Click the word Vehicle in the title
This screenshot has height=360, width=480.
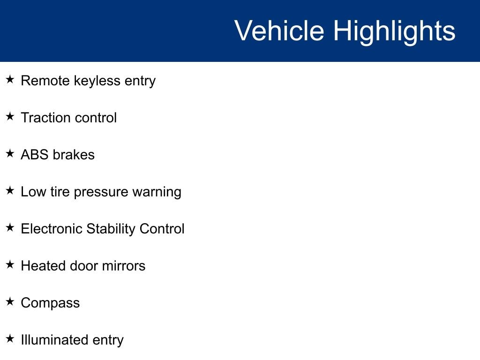[279, 30]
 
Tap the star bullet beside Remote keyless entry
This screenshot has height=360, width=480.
[10, 79]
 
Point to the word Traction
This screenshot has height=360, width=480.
[45, 118]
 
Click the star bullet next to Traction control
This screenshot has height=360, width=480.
[10, 116]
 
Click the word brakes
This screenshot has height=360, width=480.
[74, 155]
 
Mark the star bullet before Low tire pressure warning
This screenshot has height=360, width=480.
[10, 190]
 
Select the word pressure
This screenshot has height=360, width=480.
[101, 193]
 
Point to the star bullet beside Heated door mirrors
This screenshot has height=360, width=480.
[10, 264]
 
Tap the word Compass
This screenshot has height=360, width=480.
[50, 303]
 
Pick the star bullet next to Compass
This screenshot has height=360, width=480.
[10, 301]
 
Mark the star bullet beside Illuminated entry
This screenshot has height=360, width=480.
[10, 338]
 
